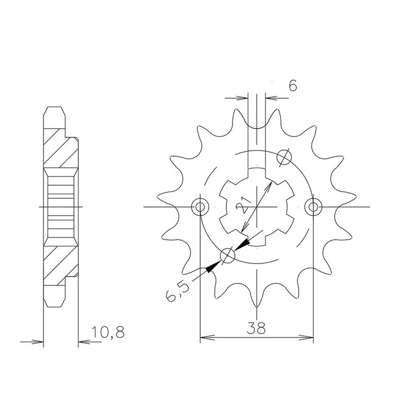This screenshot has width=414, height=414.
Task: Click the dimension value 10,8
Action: click(108, 332)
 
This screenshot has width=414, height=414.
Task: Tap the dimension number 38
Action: click(256, 329)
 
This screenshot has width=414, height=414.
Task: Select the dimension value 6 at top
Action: click(292, 85)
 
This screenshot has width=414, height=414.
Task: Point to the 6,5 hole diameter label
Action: click(177, 292)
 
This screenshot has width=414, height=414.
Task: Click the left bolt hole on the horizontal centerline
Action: click(200, 206)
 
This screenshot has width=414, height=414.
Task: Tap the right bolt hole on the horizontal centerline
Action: click(313, 206)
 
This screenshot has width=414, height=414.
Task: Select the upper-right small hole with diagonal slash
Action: click(284, 157)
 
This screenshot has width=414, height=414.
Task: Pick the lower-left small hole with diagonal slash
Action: click(227, 256)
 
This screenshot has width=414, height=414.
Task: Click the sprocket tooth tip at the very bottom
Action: click(256, 307)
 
